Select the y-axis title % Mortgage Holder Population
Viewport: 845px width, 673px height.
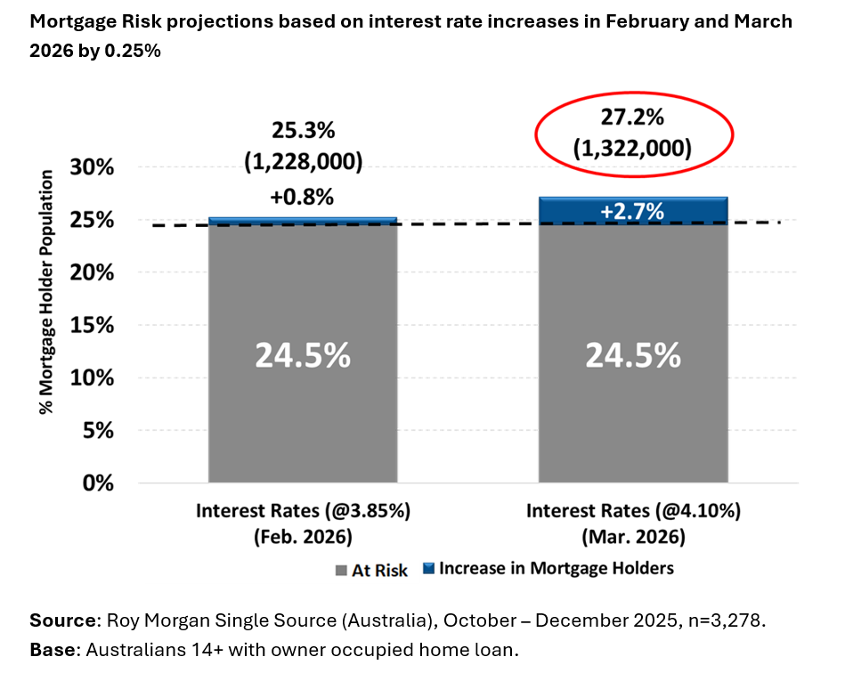click(x=45, y=292)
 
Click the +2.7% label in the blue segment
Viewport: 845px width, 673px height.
click(x=633, y=212)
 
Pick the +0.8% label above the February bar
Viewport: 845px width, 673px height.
click(x=303, y=195)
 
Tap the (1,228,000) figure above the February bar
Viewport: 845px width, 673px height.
click(x=303, y=162)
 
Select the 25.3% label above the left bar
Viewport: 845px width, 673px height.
click(x=303, y=131)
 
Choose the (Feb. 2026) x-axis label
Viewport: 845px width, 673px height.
click(x=302, y=539)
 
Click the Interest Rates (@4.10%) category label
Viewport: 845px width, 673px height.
click(x=632, y=512)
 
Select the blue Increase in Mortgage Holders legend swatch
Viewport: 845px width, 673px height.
click(x=428, y=570)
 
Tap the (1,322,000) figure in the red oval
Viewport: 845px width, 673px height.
click(x=633, y=147)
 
